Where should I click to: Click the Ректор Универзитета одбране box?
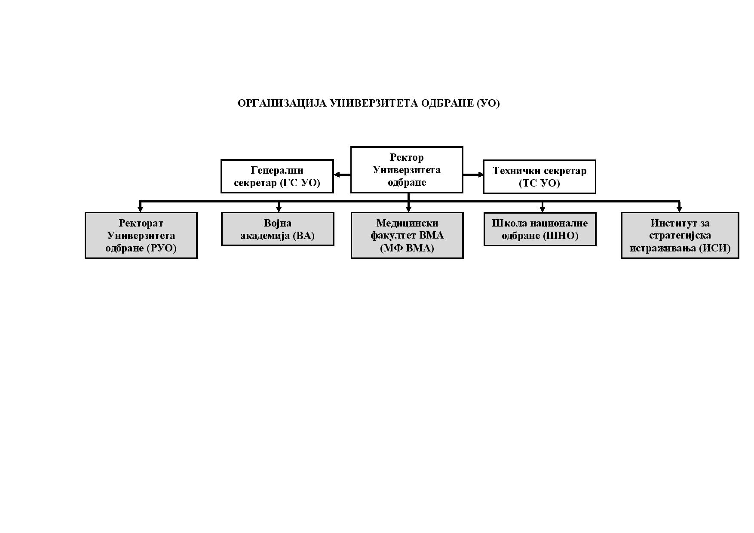407,170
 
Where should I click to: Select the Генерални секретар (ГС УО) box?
277,176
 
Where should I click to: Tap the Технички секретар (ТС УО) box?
539,177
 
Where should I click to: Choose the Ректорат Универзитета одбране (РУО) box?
141,236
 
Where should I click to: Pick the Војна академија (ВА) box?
277,229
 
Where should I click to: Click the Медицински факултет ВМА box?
407,235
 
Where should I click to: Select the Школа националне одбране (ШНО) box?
540,229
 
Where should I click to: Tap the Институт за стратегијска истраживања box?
680,235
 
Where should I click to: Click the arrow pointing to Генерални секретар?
342,175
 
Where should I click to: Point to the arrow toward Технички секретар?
473,175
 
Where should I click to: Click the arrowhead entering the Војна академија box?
279,209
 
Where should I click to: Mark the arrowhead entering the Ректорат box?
140,209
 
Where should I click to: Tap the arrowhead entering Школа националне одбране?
542,209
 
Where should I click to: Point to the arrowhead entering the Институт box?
679,209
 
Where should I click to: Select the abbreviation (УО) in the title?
488,104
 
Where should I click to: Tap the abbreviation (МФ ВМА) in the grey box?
407,248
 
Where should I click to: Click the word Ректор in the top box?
407,157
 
